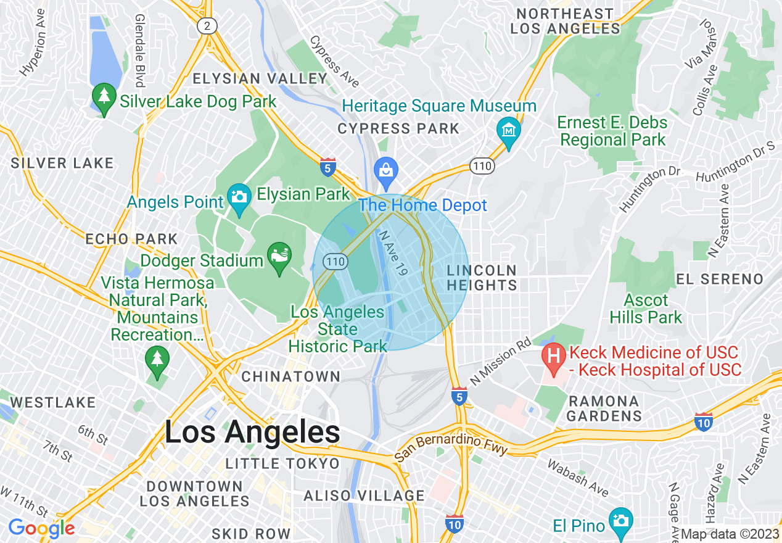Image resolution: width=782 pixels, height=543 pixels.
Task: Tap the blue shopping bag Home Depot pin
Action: coord(386,170)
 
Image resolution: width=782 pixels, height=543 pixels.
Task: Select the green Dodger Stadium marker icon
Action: coord(278,255)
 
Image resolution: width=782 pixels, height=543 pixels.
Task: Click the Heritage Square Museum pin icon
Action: coord(509,131)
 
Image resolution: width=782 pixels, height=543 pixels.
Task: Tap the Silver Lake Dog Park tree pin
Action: coord(104,97)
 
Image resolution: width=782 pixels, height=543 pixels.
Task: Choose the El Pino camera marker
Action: coord(620,521)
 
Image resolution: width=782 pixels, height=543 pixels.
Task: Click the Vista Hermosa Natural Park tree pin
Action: coord(157,359)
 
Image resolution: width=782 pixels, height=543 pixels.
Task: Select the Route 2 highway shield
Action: coord(207,25)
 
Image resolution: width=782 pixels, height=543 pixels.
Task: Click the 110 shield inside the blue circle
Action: coord(336,262)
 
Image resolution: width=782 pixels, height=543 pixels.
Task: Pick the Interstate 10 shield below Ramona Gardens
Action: coord(703,422)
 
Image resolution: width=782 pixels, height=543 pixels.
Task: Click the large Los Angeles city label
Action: coord(252,433)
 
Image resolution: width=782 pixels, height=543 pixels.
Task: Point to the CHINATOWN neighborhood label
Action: coord(290,376)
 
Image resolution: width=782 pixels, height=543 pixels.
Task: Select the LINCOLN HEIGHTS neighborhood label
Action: coord(482,278)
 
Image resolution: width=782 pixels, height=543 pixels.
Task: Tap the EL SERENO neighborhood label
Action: coord(720,279)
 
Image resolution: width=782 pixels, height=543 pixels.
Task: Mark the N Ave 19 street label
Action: coord(393,253)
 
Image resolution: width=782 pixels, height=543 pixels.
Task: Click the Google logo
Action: coord(41,528)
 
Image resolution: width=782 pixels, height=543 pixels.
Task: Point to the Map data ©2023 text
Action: coord(730,534)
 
